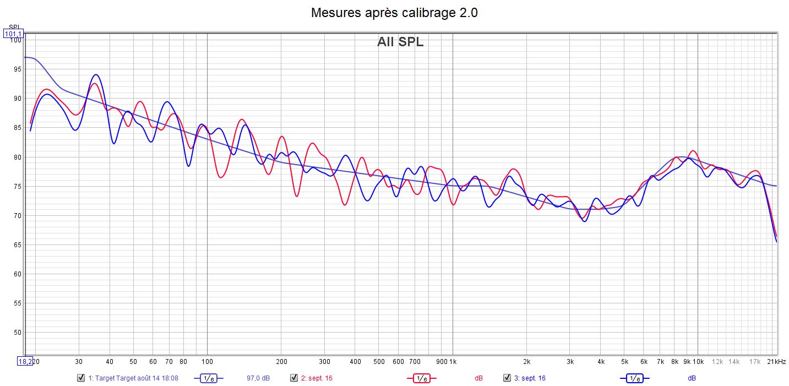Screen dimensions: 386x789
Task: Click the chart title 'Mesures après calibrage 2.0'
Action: click(x=394, y=13)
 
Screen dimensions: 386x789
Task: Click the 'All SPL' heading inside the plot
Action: click(x=400, y=42)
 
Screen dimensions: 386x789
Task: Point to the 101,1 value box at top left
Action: click(x=13, y=34)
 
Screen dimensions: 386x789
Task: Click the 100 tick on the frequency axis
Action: click(x=207, y=362)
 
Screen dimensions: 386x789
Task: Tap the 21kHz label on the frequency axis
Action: click(x=776, y=362)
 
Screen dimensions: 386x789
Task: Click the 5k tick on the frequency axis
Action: click(x=624, y=362)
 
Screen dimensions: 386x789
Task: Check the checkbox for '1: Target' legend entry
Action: click(x=81, y=378)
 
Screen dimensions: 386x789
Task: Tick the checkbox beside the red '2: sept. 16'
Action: click(x=294, y=378)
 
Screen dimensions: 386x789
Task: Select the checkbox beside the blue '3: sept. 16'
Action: click(x=507, y=378)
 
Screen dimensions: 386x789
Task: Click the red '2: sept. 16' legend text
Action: click(x=316, y=378)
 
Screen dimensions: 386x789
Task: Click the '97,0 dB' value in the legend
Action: click(x=258, y=378)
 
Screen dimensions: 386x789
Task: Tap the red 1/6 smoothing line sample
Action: click(x=421, y=378)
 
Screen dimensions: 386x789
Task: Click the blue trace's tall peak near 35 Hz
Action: click(x=96, y=75)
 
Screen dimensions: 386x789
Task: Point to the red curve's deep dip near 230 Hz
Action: click(x=296, y=196)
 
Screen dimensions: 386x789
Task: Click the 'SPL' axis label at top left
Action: click(x=13, y=27)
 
